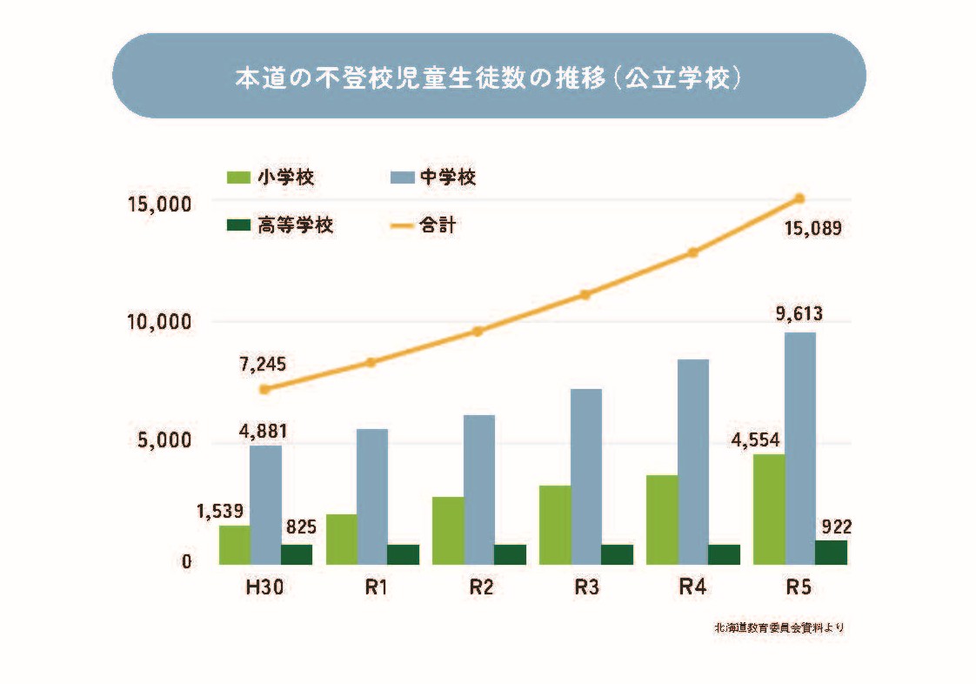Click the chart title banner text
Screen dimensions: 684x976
pyautogui.click(x=488, y=77)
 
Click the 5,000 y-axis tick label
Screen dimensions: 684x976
pyautogui.click(x=164, y=442)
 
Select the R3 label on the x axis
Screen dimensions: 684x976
pyautogui.click(x=586, y=587)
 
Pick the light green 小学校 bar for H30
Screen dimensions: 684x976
pyautogui.click(x=234, y=545)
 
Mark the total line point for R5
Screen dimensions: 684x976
pyautogui.click(x=799, y=198)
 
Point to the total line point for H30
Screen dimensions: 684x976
pyautogui.click(x=264, y=389)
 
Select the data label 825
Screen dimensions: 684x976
pyautogui.click(x=300, y=526)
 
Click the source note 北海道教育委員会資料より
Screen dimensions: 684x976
pyautogui.click(x=779, y=627)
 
